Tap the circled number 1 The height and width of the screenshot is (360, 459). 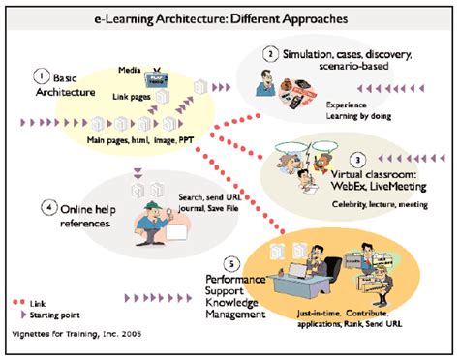[x=41, y=75]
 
